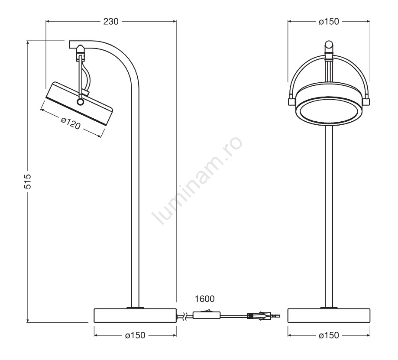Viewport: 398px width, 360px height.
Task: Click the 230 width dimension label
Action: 111,22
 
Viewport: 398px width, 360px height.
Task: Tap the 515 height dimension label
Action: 27,181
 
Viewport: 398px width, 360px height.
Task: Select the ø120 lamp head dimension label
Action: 71,123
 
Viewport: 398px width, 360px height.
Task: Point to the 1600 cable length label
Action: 204,299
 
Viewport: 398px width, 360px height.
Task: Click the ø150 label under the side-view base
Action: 135,335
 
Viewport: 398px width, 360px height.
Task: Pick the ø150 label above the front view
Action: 329,22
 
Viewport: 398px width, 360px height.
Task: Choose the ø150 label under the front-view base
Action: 329,335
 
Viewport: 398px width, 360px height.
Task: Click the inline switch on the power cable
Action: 206,315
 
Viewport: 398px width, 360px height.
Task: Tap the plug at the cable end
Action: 263,316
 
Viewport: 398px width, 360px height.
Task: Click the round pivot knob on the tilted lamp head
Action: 81,102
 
